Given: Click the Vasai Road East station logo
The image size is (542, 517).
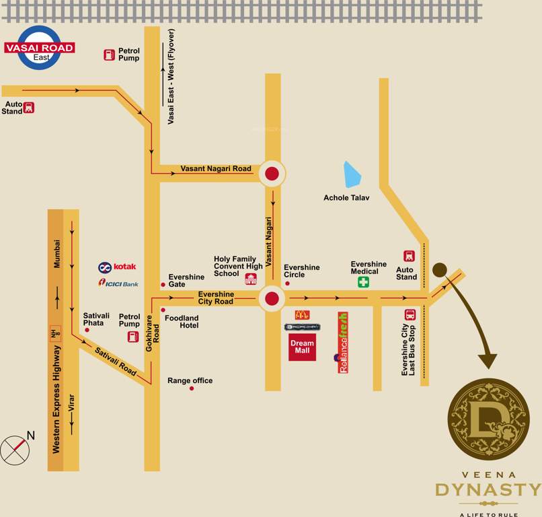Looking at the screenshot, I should [40, 48].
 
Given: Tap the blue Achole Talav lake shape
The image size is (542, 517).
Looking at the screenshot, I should [352, 175].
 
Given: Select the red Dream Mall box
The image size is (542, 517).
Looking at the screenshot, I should [302, 347].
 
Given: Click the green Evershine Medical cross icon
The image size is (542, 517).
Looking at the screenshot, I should [363, 282].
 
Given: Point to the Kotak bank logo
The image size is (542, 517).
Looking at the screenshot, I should [117, 267].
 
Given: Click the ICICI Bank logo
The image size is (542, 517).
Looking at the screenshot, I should [118, 283].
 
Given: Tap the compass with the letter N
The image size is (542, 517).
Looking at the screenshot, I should [15, 450].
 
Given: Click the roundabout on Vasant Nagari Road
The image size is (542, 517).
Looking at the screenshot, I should [272, 174].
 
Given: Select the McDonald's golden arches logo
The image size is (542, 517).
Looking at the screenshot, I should [303, 314].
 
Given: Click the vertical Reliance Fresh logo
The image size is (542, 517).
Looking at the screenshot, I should [343, 342].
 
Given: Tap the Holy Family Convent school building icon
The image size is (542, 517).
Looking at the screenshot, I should [251, 279].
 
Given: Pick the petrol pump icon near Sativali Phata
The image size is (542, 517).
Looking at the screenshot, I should [133, 336].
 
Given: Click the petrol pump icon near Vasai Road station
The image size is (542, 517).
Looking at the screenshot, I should [109, 55].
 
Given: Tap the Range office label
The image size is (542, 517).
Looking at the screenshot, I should [190, 381].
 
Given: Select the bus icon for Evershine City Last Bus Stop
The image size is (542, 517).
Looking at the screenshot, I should [410, 314].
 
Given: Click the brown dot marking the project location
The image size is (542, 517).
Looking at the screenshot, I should [440, 270].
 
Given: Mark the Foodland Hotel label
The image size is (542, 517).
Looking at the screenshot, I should [182, 322].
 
